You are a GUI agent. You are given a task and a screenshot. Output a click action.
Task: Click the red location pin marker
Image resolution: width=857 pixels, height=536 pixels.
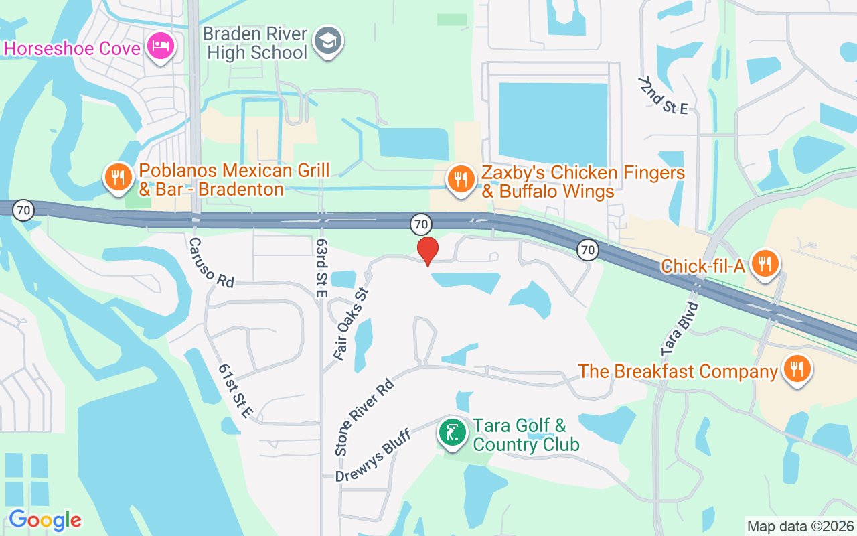click(428, 250)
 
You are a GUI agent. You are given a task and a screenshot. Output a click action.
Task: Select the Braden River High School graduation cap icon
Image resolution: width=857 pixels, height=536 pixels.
click(328, 42)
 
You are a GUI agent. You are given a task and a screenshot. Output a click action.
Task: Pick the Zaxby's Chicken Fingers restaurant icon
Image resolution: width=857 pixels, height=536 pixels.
click(461, 180)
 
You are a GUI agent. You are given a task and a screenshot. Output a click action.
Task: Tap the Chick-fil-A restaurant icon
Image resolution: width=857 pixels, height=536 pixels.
click(764, 263)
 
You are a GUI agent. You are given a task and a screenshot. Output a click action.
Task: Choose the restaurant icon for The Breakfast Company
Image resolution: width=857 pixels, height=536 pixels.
click(797, 368)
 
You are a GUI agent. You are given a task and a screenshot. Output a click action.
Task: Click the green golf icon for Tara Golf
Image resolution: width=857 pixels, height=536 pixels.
click(453, 431)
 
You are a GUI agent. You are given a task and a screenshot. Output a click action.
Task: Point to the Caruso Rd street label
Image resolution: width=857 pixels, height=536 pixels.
click(211, 263)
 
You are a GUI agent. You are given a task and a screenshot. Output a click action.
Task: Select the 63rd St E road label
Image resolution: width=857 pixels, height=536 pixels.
click(322, 257)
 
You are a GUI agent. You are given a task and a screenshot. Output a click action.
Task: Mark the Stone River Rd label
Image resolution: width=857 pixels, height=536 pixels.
click(364, 417)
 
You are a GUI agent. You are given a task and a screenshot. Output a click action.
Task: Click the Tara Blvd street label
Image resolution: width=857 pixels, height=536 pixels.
click(680, 329)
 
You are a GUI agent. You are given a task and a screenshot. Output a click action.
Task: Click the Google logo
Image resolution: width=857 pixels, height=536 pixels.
click(45, 520)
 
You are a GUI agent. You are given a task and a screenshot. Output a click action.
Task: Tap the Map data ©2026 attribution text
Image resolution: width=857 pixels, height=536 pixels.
click(800, 526)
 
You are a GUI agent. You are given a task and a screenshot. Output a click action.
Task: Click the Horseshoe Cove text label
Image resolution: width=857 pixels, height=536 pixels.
click(72, 48)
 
